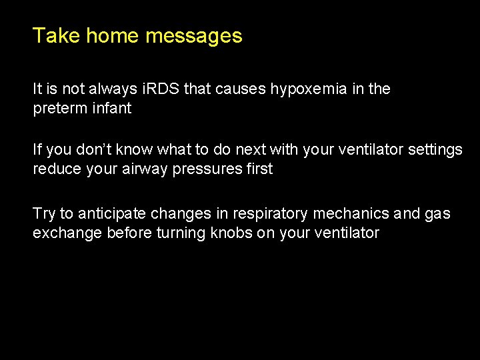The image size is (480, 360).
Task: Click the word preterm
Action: (x=60, y=108)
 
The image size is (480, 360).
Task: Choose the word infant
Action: (x=111, y=107)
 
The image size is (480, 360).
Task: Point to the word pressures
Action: (x=208, y=170)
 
